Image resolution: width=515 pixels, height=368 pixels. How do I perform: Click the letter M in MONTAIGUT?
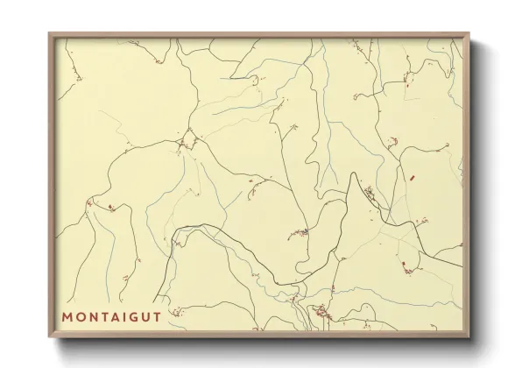click(67, 315)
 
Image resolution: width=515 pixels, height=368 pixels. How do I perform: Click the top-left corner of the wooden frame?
click(49, 34)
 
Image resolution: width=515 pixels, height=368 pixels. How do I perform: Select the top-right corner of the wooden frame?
click(469, 34)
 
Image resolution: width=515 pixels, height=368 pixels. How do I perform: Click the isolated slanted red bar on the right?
click(411, 178)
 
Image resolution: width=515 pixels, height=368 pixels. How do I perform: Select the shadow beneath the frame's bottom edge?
click(263, 344)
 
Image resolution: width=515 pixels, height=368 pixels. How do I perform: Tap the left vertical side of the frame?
click(51, 184)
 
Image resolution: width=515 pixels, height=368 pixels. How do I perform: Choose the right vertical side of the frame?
click(468, 184)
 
